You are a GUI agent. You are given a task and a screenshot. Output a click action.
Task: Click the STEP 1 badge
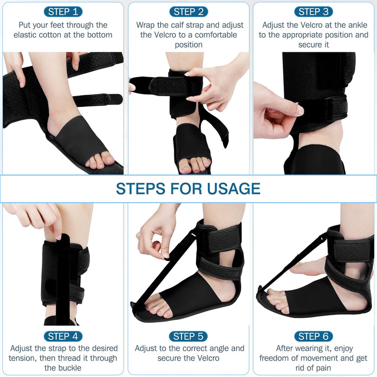click(x=63, y=11)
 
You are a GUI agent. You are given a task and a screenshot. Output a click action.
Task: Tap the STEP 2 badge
click(x=188, y=11)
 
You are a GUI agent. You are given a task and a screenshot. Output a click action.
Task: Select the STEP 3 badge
click(x=314, y=11)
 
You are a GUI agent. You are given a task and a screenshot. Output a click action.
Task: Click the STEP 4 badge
click(x=63, y=336)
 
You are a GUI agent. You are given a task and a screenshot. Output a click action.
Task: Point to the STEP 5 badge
click(x=188, y=336)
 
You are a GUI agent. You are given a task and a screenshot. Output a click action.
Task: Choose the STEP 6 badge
click(x=314, y=336)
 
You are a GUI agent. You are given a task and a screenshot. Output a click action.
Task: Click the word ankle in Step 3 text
click(x=358, y=25)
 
